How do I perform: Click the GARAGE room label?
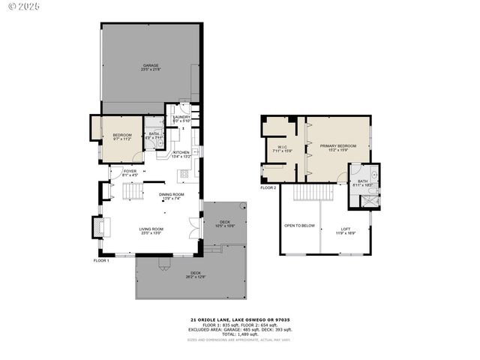point(151,65)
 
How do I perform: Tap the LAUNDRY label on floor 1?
point(181,117)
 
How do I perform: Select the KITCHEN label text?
point(181,152)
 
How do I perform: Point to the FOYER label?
point(130,171)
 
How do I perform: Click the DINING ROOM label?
point(171,194)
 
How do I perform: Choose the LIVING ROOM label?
point(151,229)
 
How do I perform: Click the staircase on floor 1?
point(130,193)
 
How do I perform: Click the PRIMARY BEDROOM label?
point(337,145)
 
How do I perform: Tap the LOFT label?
point(345,229)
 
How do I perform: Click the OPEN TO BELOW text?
point(299,225)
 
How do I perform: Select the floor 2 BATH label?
point(361,181)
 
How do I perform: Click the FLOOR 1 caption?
point(101,260)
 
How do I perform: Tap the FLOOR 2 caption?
point(268,187)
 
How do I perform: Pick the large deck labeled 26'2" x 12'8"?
point(195,273)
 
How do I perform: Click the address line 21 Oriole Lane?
point(239,319)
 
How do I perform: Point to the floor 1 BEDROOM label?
point(121,135)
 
